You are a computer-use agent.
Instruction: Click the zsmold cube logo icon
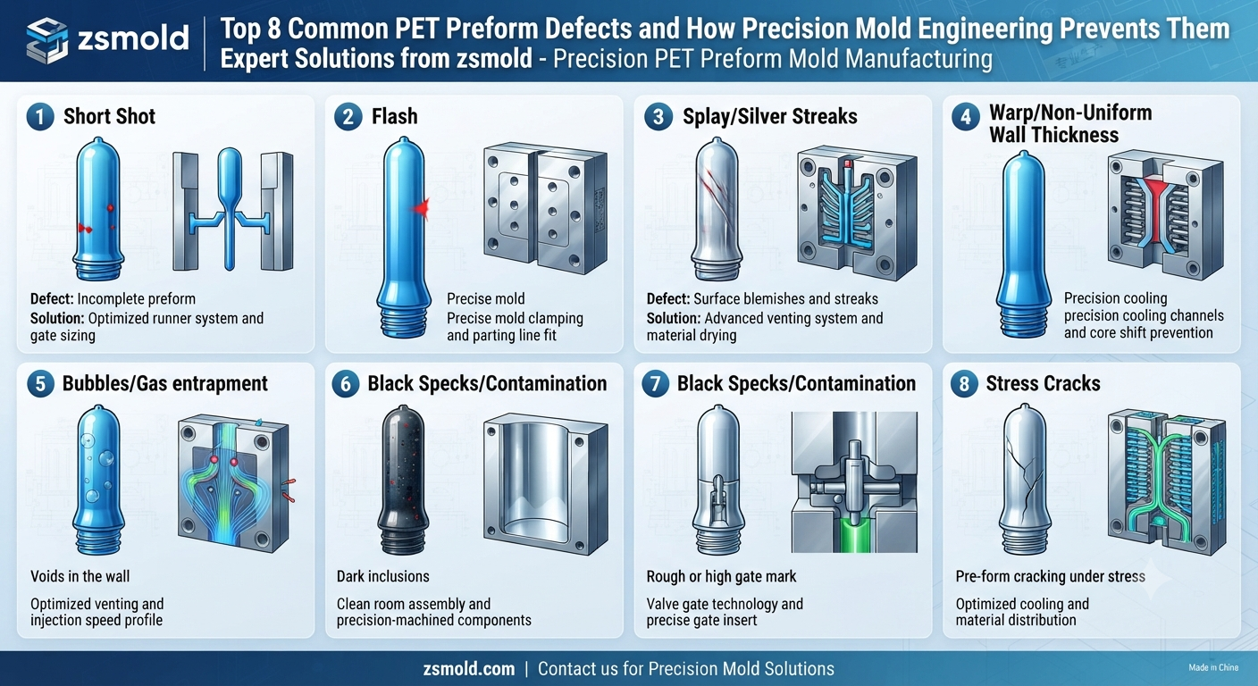click(x=47, y=40)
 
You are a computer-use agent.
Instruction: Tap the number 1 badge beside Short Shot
click(x=40, y=117)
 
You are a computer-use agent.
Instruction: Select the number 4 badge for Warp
click(x=966, y=117)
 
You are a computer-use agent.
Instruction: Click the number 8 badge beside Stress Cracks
click(x=964, y=384)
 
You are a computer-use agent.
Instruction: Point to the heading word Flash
click(x=394, y=116)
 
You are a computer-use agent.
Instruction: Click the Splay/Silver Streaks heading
click(x=770, y=116)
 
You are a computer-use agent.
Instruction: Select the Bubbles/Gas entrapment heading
click(x=165, y=383)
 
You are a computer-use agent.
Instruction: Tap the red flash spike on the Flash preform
click(x=421, y=209)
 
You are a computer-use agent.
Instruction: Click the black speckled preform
click(x=401, y=480)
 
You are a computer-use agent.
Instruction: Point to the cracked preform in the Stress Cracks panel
click(x=1026, y=479)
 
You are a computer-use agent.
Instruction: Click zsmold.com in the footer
click(x=469, y=669)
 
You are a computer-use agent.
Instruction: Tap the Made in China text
click(x=1213, y=667)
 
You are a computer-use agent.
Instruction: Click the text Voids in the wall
click(x=80, y=576)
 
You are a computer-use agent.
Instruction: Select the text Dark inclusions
click(x=383, y=576)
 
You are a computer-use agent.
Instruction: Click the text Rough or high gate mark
click(x=721, y=576)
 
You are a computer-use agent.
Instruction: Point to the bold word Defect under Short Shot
click(x=52, y=298)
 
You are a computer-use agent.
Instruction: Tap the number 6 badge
click(x=346, y=384)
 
